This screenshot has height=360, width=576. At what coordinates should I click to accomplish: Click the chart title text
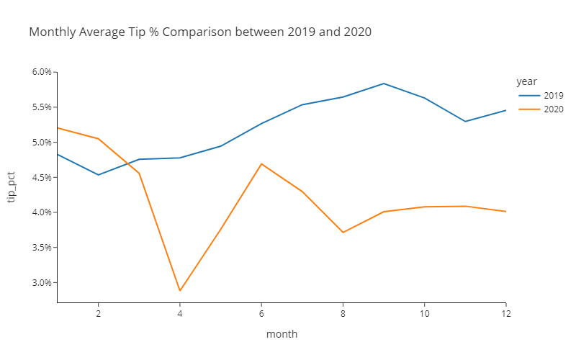coord(200,32)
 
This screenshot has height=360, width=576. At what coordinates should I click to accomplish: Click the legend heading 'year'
coord(526,81)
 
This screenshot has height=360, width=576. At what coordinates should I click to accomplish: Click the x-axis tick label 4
coord(180,314)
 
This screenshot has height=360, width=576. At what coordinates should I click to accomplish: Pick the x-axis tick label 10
coord(425,314)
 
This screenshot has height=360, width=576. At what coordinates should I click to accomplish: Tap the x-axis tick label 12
coord(505,314)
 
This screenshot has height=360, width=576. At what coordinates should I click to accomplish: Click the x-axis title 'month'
coord(282,334)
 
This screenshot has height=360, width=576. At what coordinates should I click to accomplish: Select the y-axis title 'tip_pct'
coord(12,187)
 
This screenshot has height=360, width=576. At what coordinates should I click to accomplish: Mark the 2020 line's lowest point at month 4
coord(180,291)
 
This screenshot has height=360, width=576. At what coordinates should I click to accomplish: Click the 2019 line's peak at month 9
coord(384,84)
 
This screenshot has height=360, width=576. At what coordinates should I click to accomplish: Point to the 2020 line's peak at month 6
coord(261,163)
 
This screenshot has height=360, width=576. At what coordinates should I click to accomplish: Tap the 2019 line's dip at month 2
coord(98,175)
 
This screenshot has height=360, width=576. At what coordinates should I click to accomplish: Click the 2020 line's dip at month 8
coord(343,233)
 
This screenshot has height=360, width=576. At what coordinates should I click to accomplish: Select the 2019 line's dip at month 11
coord(465,121)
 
